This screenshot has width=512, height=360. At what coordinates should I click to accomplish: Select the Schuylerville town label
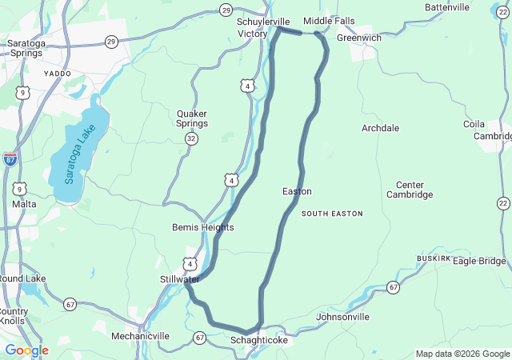(x=263, y=22)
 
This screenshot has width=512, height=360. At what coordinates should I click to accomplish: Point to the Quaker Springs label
(x=192, y=118)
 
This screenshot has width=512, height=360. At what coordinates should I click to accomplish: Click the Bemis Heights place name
(x=203, y=227)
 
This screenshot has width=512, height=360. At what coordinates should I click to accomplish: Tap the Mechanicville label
(x=140, y=336)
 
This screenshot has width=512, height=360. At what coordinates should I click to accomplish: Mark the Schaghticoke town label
(x=258, y=340)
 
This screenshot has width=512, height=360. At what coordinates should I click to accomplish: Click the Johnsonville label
(x=343, y=317)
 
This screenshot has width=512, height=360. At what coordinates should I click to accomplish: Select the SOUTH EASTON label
(x=332, y=214)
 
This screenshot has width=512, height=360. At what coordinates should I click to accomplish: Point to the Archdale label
(x=380, y=128)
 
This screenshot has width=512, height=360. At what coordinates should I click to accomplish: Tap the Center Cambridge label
(x=410, y=189)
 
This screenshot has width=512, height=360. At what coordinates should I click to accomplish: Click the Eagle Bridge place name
(x=479, y=261)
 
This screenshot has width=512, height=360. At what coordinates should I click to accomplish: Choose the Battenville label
(x=447, y=7)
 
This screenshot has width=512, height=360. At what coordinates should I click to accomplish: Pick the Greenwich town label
(x=359, y=38)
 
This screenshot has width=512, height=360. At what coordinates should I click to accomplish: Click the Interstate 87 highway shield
(x=10, y=158)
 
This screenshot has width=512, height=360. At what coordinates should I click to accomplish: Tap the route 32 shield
(x=191, y=138)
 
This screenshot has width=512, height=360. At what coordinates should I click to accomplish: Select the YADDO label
(x=58, y=73)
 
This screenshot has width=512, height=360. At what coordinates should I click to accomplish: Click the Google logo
(x=26, y=350)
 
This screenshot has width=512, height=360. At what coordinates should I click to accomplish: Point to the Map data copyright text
(x=462, y=354)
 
